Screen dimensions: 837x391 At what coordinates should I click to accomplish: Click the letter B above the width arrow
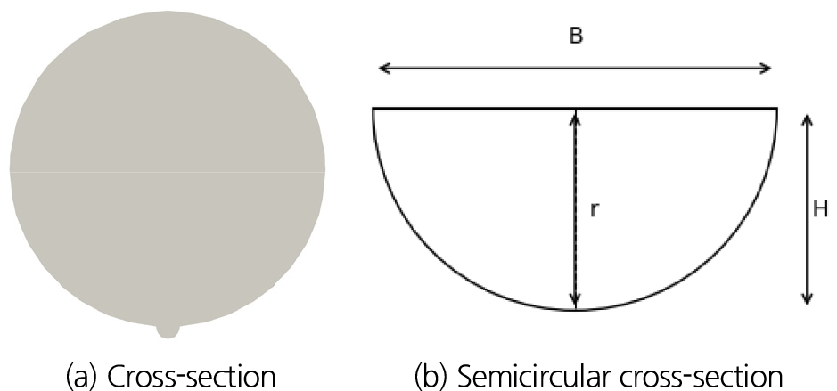576,36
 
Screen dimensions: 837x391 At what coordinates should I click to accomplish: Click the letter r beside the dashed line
595,210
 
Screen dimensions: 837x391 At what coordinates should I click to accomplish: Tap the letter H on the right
820,209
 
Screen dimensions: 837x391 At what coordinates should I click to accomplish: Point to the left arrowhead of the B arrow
384,69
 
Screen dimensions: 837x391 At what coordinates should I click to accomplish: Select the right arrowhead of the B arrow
765,69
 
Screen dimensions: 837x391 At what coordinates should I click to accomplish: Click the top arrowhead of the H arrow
808,121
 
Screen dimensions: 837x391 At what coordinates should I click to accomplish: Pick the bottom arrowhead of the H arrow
808,298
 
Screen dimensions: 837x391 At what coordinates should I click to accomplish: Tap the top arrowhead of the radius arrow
576,118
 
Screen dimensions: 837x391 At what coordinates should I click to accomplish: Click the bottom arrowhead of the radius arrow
576,301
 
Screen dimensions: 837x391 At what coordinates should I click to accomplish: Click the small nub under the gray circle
168,330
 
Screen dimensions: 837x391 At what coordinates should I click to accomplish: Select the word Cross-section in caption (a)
192,376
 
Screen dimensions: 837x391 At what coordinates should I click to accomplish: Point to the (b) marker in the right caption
431,376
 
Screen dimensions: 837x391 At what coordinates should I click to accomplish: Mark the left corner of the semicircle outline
373,109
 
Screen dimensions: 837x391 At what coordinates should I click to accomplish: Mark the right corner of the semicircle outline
776,109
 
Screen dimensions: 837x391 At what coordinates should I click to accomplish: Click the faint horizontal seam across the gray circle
168,172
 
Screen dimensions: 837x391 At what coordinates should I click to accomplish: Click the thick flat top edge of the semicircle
575,109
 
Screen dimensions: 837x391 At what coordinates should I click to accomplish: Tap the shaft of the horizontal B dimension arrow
575,69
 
